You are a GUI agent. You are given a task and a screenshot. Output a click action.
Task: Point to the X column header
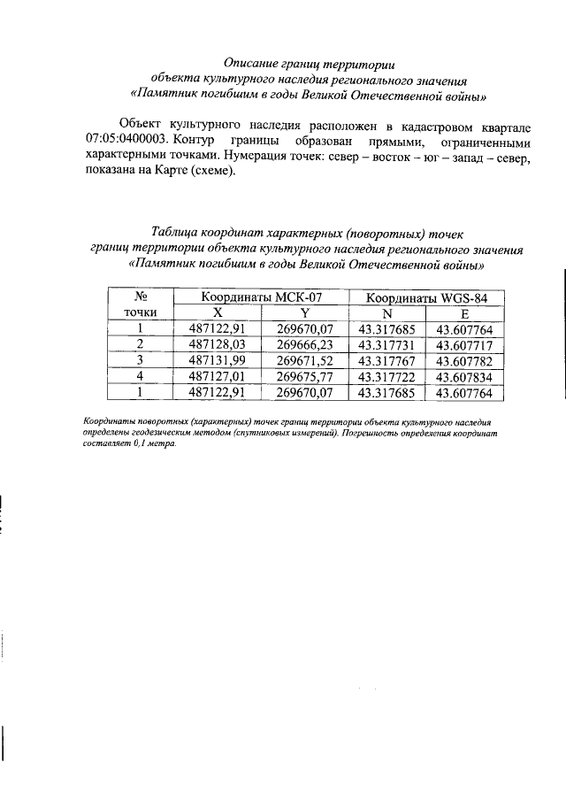point(218,312)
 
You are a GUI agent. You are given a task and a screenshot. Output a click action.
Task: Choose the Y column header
point(304,312)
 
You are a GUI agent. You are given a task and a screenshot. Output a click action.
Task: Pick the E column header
point(465,312)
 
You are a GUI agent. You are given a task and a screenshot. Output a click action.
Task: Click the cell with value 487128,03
point(218,343)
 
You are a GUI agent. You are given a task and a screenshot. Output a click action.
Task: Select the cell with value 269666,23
point(304,343)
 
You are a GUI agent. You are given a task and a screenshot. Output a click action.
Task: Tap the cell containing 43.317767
point(387,360)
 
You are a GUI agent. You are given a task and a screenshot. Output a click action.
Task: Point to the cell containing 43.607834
point(465,376)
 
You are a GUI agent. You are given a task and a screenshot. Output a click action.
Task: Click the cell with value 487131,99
point(218,360)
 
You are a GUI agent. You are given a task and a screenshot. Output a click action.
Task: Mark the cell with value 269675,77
point(304,376)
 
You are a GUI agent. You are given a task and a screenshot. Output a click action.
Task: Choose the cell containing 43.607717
point(465,343)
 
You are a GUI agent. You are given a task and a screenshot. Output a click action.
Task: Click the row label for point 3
point(139,360)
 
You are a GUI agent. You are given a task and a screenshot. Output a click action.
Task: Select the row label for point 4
point(139,376)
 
